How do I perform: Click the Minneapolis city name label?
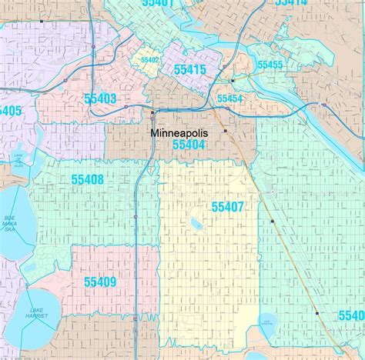pos(179,133)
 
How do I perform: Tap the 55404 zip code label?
pos(189,145)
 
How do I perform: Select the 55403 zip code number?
pos(99,98)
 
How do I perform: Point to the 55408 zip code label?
pos(87,179)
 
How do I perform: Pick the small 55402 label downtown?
pos(149,59)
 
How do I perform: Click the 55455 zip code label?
pos(270,65)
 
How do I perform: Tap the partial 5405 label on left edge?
pos(10,111)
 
